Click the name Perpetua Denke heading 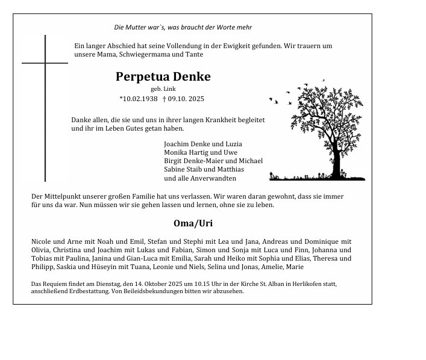coord(163,77)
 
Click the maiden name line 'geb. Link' coord(163,88)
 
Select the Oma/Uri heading coord(189,223)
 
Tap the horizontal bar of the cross coord(45,63)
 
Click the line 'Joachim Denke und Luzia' coord(202,144)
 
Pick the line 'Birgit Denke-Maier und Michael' coord(213,161)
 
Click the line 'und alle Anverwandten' coord(200,178)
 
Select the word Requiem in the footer coord(55,284)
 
